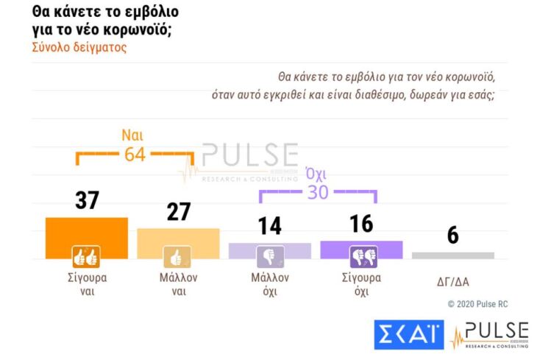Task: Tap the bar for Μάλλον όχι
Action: pyautogui.click(x=269, y=250)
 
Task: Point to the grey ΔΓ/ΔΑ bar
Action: pyautogui.click(x=452, y=255)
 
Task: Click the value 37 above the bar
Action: pyautogui.click(x=87, y=200)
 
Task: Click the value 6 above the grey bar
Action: pyautogui.click(x=453, y=236)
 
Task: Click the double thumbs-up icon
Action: pyautogui.click(x=85, y=256)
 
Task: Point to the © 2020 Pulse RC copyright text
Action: pyautogui.click(x=477, y=303)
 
